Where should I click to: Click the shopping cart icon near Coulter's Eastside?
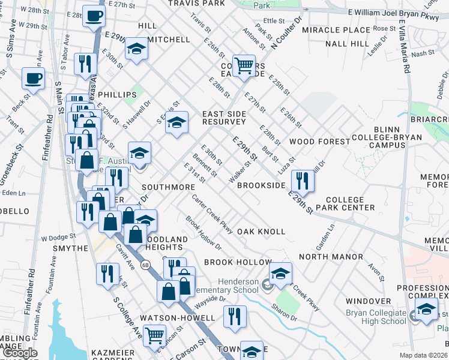pos(244,64)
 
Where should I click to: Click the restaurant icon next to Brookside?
pos(302,181)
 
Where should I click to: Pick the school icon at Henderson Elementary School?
pos(280,274)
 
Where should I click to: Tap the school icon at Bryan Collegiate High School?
pos(426,310)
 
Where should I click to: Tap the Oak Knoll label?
pos(261,232)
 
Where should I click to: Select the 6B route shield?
pos(145,264)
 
